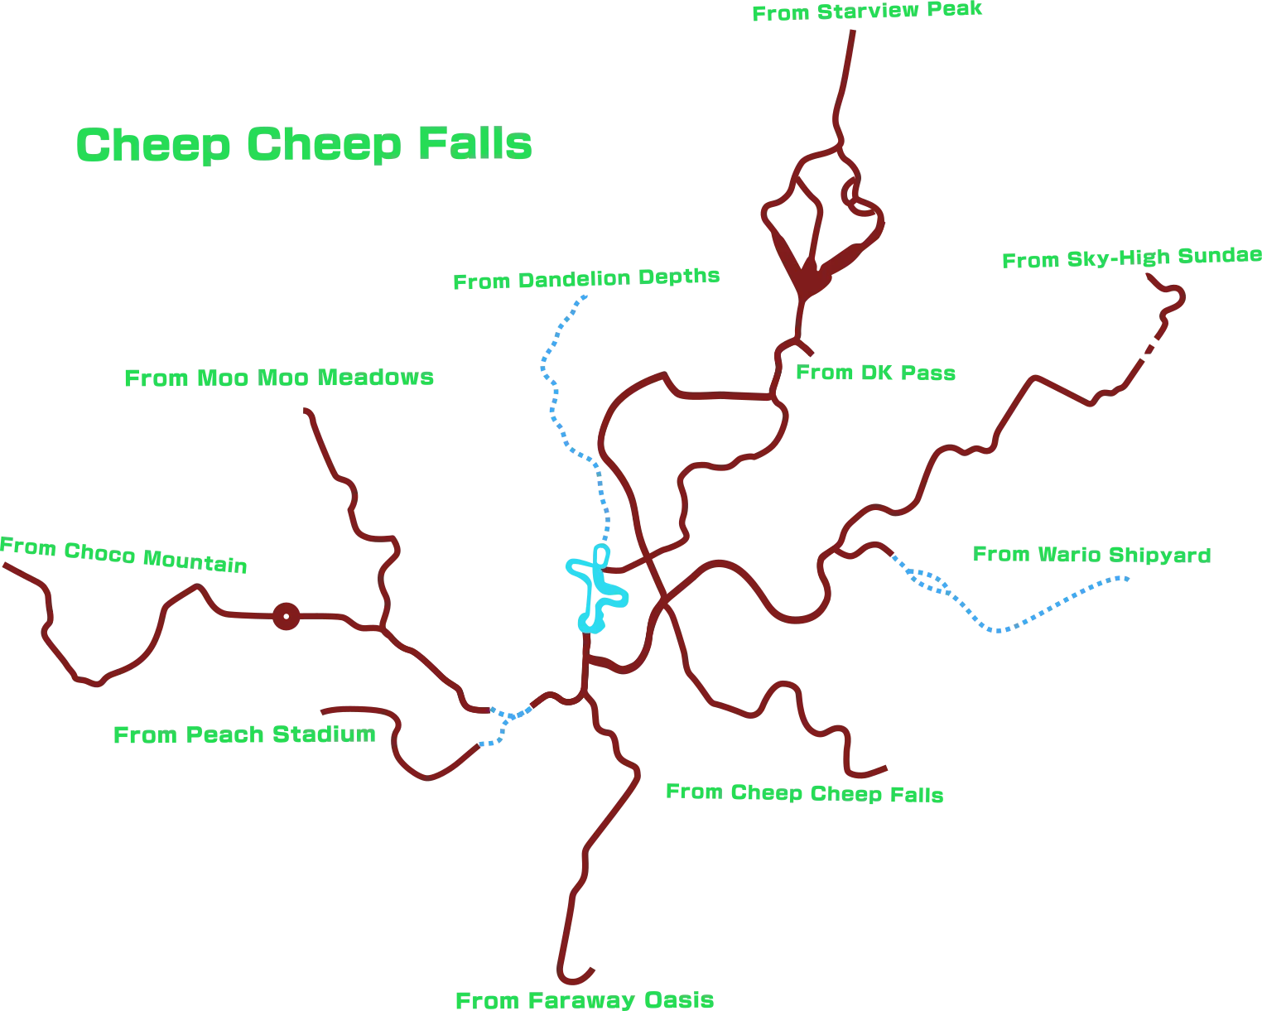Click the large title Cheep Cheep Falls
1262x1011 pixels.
click(303, 144)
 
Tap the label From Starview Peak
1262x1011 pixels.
click(866, 12)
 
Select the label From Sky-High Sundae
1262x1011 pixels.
click(1131, 258)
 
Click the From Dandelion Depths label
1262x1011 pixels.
click(585, 279)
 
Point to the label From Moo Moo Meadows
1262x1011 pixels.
click(278, 378)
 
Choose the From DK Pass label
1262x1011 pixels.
click(875, 373)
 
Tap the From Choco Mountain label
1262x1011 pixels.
click(123, 555)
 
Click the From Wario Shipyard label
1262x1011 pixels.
click(1091, 555)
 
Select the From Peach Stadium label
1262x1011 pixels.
click(244, 734)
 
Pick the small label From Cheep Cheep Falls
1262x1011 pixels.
click(804, 793)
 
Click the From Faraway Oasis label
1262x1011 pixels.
click(585, 1000)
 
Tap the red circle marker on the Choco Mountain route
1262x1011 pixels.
click(286, 616)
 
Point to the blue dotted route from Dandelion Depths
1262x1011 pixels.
click(552, 397)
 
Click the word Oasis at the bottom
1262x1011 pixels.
click(679, 1000)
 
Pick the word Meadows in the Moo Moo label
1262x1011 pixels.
click(375, 378)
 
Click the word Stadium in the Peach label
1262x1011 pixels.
click(324, 734)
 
